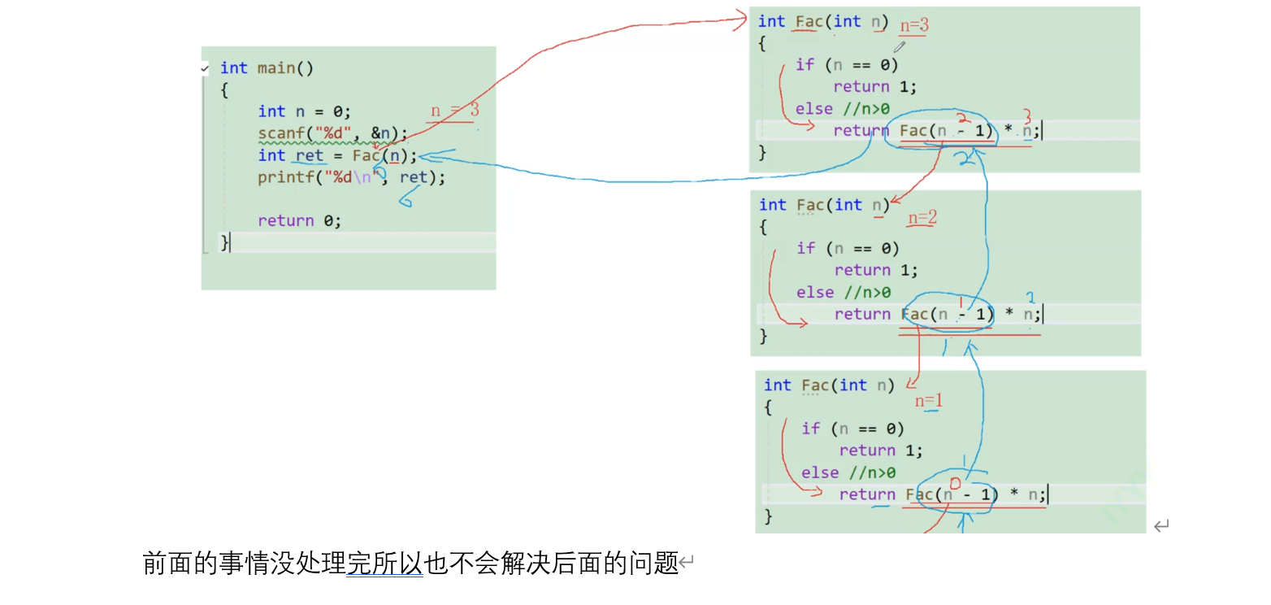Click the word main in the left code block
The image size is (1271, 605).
[x=276, y=68]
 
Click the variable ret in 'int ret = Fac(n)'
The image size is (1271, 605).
[x=310, y=155]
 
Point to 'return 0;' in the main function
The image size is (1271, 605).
[x=299, y=220]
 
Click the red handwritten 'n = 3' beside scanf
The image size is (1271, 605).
[x=454, y=111]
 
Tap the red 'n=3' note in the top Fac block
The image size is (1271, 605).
[x=913, y=26]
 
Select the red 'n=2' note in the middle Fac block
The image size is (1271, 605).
[x=922, y=218]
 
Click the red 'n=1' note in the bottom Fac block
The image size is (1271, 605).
[x=929, y=401]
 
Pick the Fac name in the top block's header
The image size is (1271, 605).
[x=809, y=22]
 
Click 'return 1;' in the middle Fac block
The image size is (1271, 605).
[x=876, y=270]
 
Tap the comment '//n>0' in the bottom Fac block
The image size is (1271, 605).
[x=872, y=472]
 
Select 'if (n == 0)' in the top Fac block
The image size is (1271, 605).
[x=847, y=65]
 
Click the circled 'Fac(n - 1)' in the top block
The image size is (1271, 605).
[x=946, y=131]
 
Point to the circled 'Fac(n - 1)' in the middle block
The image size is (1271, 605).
[x=948, y=315]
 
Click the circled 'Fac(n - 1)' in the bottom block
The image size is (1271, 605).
[x=952, y=494]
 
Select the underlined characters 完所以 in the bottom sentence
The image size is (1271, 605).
[x=384, y=563]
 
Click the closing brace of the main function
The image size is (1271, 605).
[x=224, y=242]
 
